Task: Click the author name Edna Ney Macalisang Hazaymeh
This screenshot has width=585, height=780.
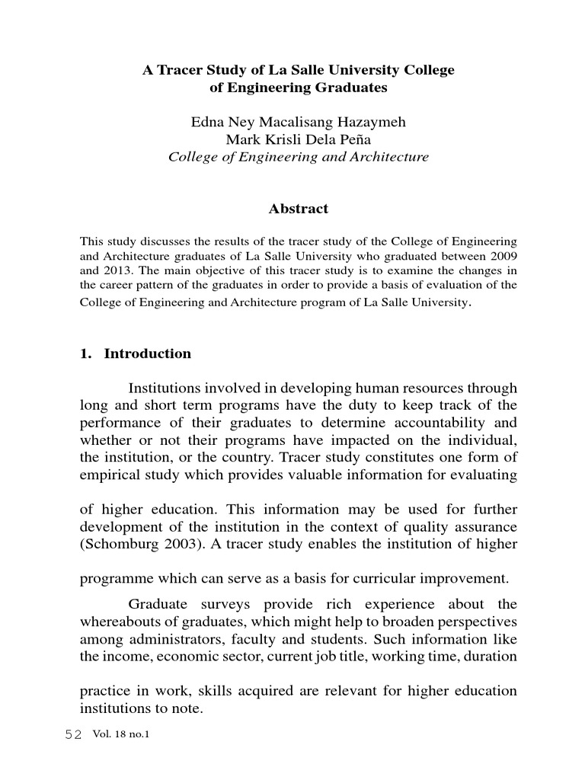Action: (298, 123)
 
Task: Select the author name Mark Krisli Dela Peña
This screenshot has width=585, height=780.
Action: (298, 140)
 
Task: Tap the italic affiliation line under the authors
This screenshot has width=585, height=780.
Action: (298, 158)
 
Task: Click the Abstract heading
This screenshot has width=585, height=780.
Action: (298, 209)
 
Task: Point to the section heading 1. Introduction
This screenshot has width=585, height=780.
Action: (136, 353)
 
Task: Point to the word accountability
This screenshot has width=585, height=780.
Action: (440, 423)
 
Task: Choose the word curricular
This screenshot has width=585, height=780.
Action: (377, 578)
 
